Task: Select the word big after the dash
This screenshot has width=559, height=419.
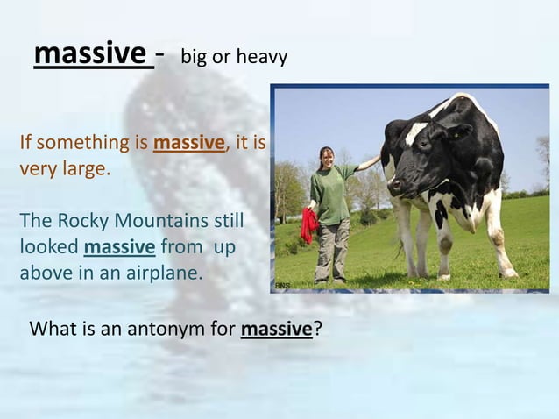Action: click(194, 58)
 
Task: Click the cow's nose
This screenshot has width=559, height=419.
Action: click(396, 187)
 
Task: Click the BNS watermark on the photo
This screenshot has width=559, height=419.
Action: click(281, 286)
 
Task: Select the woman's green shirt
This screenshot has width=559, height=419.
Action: click(333, 194)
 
